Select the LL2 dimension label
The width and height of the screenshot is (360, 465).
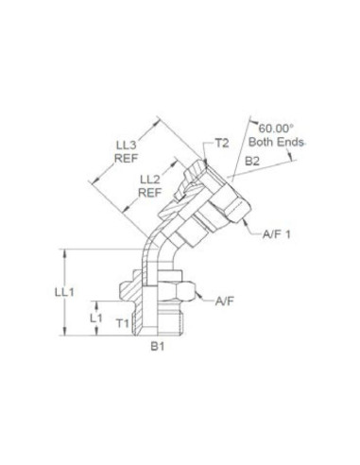point(150,179)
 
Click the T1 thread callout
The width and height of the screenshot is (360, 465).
point(122,324)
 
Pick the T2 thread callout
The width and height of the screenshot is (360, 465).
point(223,143)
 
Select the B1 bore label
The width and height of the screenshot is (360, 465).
point(160,348)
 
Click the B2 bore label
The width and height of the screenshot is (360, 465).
point(253,163)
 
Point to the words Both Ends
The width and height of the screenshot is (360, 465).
point(273,141)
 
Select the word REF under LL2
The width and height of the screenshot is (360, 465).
point(150,192)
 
